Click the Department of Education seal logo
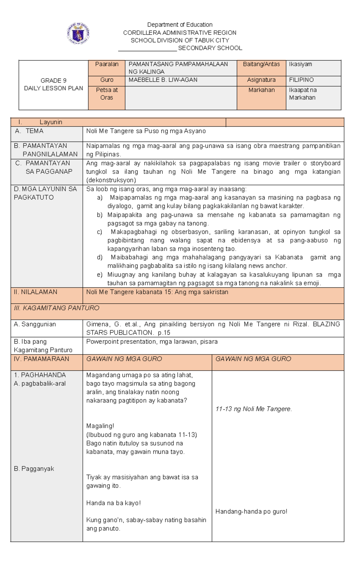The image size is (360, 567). [78, 33]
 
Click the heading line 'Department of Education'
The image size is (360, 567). [180, 25]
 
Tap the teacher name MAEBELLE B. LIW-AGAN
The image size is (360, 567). [163, 80]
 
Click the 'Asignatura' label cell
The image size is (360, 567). [261, 80]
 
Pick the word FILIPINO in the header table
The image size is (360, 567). [301, 80]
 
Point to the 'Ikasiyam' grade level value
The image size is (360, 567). [300, 64]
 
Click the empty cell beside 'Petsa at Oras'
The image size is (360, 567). [181, 98]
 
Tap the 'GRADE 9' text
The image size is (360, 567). [53, 80]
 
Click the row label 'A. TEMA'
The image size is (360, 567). [30, 131]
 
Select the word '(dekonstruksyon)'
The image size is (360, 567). [111, 180]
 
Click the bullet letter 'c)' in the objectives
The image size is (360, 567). [99, 232]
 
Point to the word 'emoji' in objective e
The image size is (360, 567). [312, 283]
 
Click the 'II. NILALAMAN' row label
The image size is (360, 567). [35, 292]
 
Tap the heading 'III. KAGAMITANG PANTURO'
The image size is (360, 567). [56, 308]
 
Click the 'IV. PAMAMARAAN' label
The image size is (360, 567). [41, 359]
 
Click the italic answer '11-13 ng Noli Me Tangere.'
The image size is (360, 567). [253, 409]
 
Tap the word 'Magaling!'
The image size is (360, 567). [100, 426]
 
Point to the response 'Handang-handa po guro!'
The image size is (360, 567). [251, 511]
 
